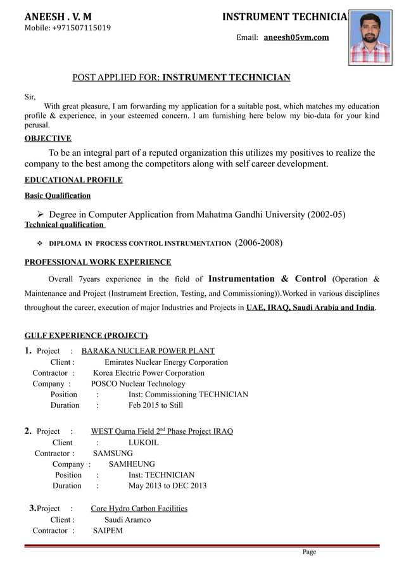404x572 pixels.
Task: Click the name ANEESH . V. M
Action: [x=58, y=16]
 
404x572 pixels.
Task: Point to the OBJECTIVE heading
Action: [x=47, y=138]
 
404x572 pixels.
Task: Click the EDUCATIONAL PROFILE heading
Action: [x=73, y=180]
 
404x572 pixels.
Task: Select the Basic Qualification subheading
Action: [x=57, y=195]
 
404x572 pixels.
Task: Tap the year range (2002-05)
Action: [x=326, y=214]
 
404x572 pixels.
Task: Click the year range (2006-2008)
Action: [x=258, y=243]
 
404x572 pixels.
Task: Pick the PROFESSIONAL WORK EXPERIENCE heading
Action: [x=98, y=262]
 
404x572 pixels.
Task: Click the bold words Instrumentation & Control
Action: [x=267, y=279]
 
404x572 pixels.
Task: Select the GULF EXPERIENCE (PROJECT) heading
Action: [x=86, y=335]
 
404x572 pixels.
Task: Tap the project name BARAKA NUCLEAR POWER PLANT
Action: [x=148, y=351]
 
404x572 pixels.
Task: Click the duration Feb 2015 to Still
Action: [x=156, y=405]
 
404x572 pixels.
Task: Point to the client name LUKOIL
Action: [x=144, y=443]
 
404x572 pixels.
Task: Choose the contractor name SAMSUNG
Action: [x=113, y=454]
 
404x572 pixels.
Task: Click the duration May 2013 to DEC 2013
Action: [x=167, y=486]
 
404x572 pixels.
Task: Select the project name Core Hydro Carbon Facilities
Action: [x=139, y=509]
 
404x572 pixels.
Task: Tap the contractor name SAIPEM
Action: [x=108, y=531]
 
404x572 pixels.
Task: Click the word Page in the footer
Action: [x=309, y=552]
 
